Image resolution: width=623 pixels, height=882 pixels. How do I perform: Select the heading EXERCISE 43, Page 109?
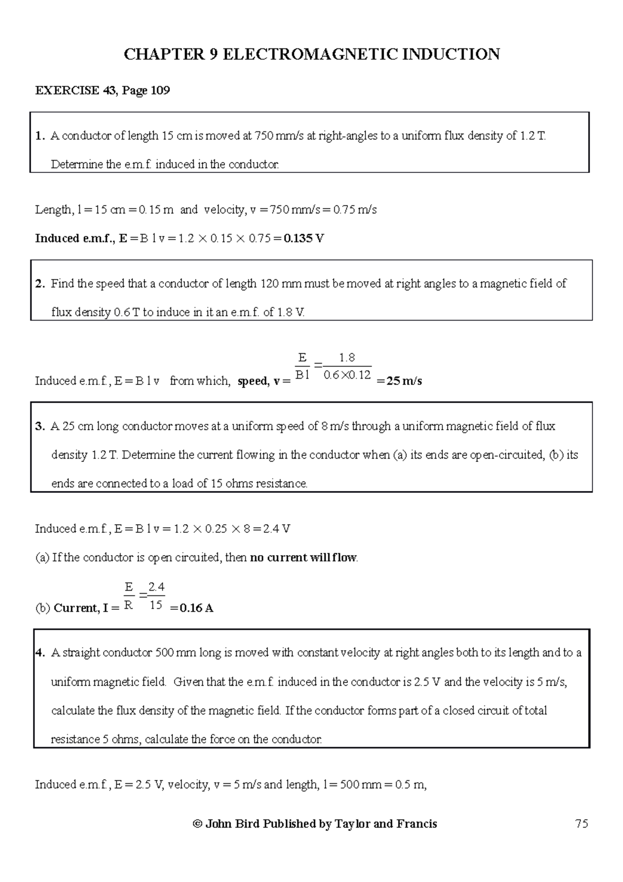(x=102, y=91)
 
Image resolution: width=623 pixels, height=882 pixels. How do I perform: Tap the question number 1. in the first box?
(x=40, y=137)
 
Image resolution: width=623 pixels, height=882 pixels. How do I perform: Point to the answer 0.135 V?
(x=304, y=239)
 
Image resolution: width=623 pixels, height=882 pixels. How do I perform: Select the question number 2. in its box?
(x=40, y=284)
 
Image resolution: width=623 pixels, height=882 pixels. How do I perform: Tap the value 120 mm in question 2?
(x=281, y=284)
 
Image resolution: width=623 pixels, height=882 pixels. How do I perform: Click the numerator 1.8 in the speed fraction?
(x=346, y=358)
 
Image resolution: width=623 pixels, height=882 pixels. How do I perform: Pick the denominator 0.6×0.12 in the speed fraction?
(x=347, y=375)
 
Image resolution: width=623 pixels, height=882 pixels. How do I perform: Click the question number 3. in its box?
(x=40, y=427)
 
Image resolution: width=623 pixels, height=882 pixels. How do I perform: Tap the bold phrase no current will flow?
(x=303, y=558)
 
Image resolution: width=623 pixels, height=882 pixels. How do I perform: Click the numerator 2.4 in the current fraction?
(x=156, y=587)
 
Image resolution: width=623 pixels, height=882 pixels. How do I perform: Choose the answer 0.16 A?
(x=196, y=608)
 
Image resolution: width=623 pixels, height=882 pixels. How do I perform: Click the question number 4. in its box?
(x=40, y=653)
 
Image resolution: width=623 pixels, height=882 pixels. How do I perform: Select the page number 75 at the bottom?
(x=581, y=824)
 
